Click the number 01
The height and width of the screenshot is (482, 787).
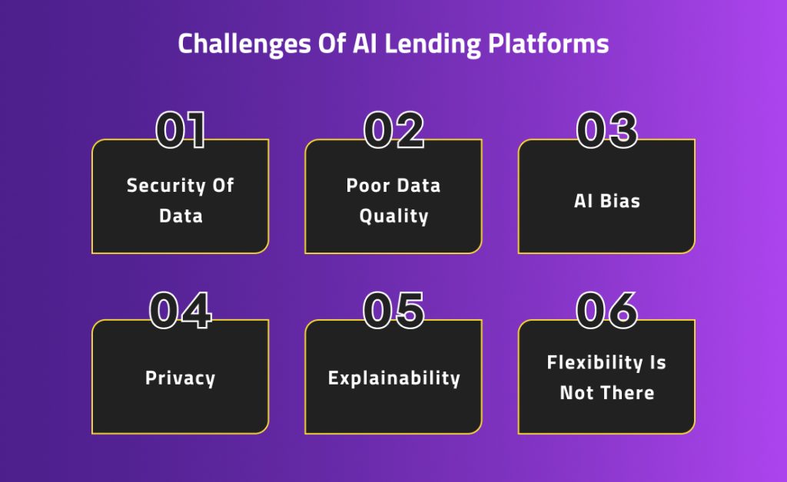(181, 130)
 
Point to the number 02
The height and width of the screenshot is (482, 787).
(393, 130)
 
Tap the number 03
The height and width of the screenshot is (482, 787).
(606, 130)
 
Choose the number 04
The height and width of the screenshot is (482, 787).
(181, 310)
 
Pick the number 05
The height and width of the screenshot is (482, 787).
(393, 310)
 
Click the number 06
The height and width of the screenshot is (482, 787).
(606, 310)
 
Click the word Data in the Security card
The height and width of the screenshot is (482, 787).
(181, 216)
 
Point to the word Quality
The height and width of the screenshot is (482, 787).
(393, 216)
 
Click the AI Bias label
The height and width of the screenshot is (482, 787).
(606, 201)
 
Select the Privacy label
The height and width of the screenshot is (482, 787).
(181, 378)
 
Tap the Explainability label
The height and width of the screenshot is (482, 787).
(393, 378)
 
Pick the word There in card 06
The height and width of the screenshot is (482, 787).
(627, 392)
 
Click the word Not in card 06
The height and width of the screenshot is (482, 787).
(576, 392)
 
